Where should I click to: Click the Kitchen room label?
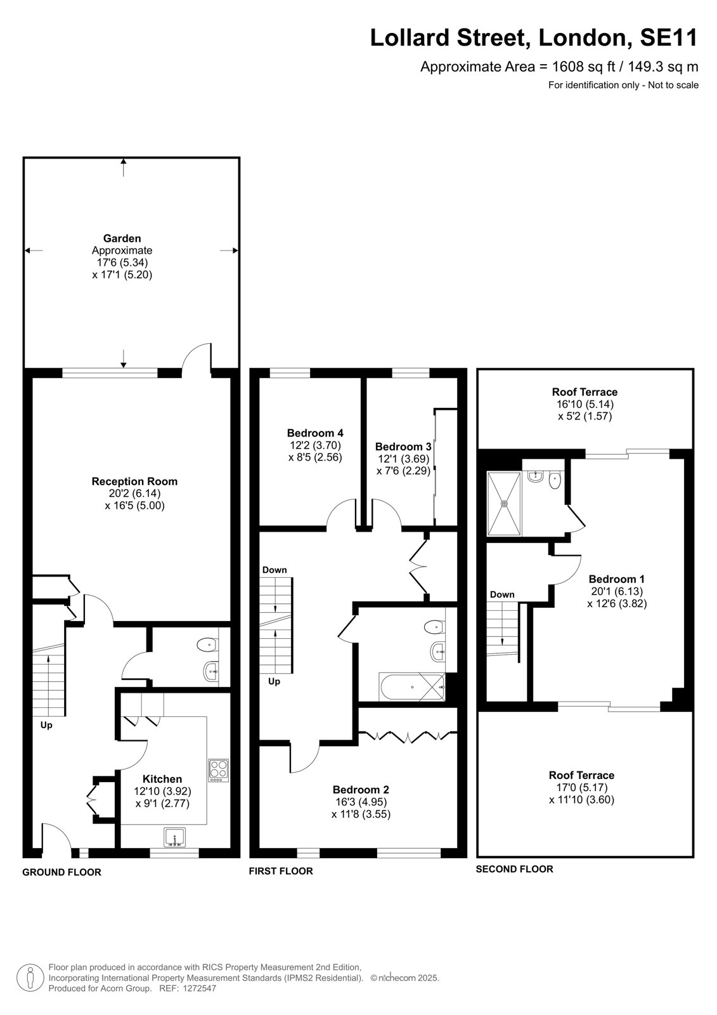coord(162,779)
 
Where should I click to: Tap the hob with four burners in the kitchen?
coord(218,770)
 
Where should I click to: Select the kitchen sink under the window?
coord(175,837)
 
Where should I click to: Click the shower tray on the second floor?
coord(503,504)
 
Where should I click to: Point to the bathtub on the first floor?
coord(412,687)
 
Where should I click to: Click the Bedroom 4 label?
coord(315,433)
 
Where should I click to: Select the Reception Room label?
coord(134,481)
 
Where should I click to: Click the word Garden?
coord(122,239)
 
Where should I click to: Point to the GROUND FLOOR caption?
coord(61,872)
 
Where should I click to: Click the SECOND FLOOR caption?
coord(515,869)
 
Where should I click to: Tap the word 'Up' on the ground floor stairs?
coord(46,725)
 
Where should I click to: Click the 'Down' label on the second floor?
coord(502,594)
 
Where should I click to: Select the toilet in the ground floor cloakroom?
coord(208,645)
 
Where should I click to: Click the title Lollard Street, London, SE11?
coord(534,37)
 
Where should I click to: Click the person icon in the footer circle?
coord(30,978)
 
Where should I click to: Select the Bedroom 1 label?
coord(616,579)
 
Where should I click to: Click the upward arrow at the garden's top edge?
coord(124,167)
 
